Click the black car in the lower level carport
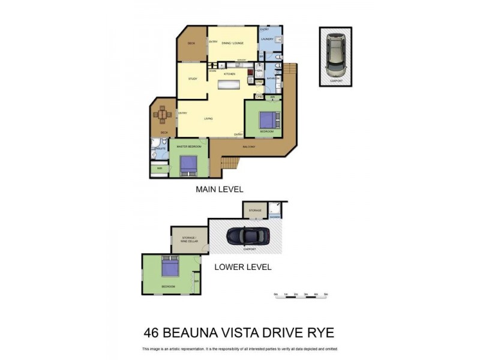click(x=248, y=238)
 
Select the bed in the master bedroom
click(x=187, y=163)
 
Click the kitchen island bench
click(x=229, y=84)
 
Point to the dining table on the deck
click(x=163, y=113)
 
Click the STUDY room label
click(x=193, y=79)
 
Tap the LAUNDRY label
click(x=268, y=40)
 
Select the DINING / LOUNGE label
click(x=232, y=43)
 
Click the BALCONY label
click(x=249, y=146)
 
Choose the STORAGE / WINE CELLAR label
click(x=189, y=239)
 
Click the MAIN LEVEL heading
click(x=220, y=188)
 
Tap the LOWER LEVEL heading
click(x=243, y=267)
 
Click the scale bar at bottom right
click(x=300, y=295)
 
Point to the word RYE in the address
click(x=320, y=332)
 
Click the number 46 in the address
click(x=152, y=332)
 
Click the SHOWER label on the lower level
click(x=275, y=217)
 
